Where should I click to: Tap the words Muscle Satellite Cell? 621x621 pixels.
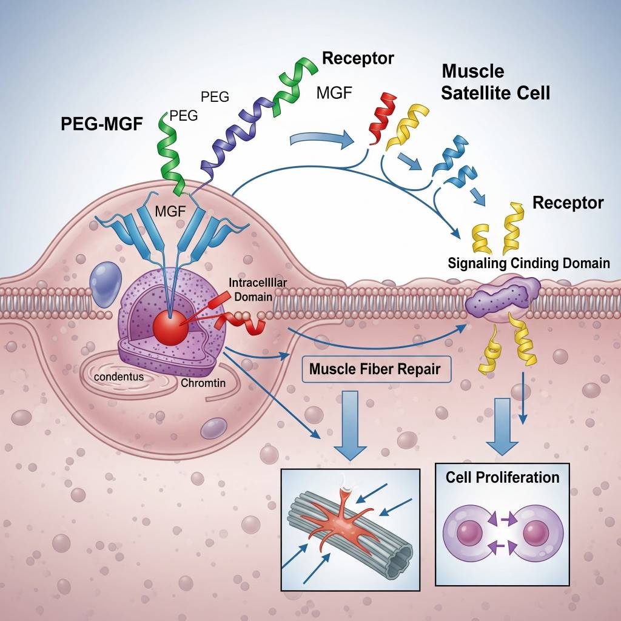(x=495, y=82)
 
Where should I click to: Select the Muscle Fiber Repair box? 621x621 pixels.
(x=375, y=369)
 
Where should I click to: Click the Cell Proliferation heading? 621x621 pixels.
(x=502, y=477)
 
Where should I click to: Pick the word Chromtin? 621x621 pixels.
(x=203, y=383)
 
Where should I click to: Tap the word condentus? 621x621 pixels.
(x=119, y=376)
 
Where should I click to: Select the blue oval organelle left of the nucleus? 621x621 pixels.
(x=106, y=283)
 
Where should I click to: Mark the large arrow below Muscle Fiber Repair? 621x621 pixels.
(x=350, y=425)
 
